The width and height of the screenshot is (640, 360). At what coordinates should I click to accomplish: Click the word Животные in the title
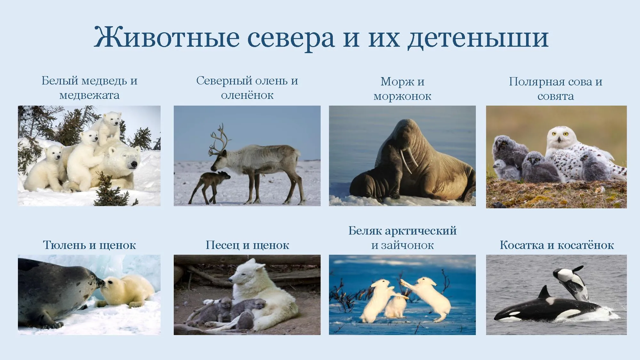point(166,38)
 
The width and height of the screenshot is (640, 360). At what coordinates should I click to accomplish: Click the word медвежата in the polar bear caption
point(89,95)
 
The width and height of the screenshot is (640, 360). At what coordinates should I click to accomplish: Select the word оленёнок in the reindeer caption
point(247,95)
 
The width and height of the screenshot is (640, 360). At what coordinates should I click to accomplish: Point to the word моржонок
point(402,96)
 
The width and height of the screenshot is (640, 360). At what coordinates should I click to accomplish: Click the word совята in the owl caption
point(556,96)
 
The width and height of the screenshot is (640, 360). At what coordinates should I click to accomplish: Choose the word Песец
point(223,245)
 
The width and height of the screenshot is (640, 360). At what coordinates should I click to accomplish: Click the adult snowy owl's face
point(559,136)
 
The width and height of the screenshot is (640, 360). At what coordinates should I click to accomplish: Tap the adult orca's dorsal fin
point(544,293)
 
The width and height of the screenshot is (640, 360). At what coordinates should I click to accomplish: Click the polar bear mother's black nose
point(134,164)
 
